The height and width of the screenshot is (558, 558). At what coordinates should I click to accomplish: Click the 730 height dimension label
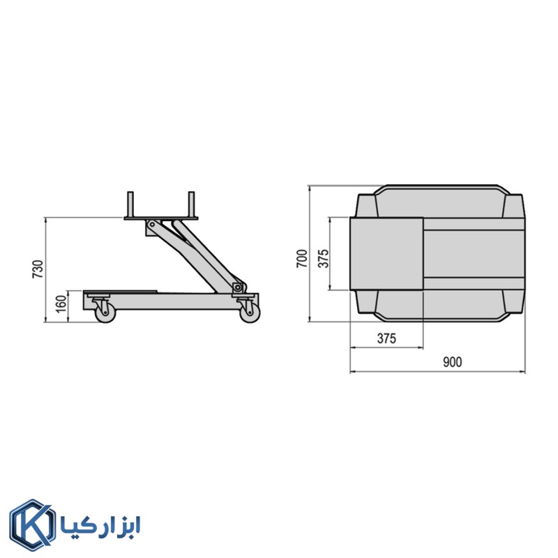pyautogui.click(x=38, y=269)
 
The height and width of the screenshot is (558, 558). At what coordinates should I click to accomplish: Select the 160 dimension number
pyautogui.click(x=61, y=304)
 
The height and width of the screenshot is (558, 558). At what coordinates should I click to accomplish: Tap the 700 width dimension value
pyautogui.click(x=302, y=259)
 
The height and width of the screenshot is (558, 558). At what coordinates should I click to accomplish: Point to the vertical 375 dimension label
pyautogui.click(x=323, y=259)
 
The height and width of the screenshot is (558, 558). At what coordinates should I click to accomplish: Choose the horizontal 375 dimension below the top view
pyautogui.click(x=386, y=338)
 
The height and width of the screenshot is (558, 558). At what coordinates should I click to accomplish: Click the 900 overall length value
pyautogui.click(x=452, y=362)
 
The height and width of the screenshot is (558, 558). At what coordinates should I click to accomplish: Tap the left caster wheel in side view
pyautogui.click(x=106, y=313)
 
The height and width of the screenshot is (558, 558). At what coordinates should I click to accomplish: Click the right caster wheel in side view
pyautogui.click(x=250, y=313)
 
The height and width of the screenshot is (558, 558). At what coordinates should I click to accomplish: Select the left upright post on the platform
pyautogui.click(x=130, y=204)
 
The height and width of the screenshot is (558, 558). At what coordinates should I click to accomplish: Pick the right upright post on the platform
pyautogui.click(x=191, y=204)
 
